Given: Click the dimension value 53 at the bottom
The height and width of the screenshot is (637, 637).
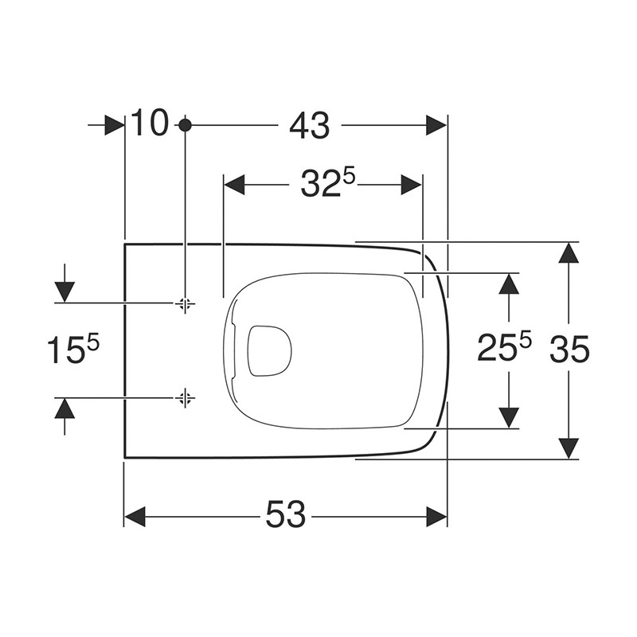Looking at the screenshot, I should pos(286,516).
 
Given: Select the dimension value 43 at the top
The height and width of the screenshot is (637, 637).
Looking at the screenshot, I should pos(310,125).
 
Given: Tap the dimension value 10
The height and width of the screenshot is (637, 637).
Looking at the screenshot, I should pos(150,124).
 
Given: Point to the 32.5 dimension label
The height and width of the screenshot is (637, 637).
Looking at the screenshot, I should pos(327,184).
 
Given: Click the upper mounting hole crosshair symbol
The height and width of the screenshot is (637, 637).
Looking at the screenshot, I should pos(185,303).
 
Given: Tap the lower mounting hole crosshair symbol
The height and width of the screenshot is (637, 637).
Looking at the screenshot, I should pos(185,397).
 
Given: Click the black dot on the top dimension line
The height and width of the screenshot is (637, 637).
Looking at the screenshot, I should pos(185,125).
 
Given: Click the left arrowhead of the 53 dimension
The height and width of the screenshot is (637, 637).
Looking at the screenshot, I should pos(135,516).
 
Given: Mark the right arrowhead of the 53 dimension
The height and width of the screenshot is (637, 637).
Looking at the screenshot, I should pos(437,516).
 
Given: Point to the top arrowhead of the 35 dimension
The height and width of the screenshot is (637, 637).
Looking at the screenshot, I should pos(567,252).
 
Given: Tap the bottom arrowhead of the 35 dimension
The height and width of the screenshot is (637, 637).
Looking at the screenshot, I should pos(567,447).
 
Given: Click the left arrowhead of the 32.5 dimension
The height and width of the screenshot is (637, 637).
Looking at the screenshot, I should pos(234,185).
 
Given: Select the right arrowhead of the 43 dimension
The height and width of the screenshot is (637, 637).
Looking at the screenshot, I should pos(437,125).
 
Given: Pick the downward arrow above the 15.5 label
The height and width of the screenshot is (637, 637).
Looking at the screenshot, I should pos(64,292).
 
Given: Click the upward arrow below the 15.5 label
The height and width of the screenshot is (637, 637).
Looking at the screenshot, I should pos(64,408).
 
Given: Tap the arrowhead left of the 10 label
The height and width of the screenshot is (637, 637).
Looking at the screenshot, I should pos(115,125).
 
